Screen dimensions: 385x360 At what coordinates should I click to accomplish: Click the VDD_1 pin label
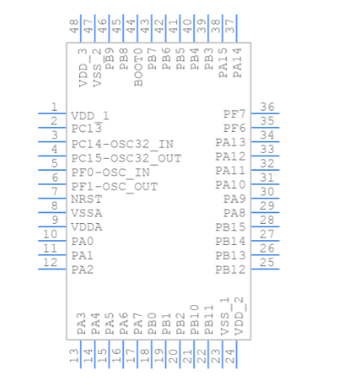pyautogui.click(x=90, y=116)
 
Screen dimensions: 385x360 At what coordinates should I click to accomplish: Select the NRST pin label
pyautogui.click(x=86, y=199)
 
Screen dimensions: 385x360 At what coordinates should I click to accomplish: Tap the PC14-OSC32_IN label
pyautogui.click(x=122, y=144)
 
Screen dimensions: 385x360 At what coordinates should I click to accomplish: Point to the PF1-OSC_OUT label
pyautogui.click(x=114, y=186)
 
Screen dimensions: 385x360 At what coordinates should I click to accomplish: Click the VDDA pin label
pyautogui.click(x=86, y=227)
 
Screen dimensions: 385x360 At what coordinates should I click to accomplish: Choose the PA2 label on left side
pyautogui.click(x=82, y=269)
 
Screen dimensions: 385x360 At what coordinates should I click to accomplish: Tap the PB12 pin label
pyautogui.click(x=230, y=269)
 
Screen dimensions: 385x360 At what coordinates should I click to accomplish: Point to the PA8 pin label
pyautogui.click(x=235, y=213)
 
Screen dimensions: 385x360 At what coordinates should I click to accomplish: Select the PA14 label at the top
pyautogui.click(x=237, y=63)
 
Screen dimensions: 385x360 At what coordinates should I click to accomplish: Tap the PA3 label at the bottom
pyautogui.click(x=82, y=322)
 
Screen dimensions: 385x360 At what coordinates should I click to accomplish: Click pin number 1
pyautogui.click(x=54, y=107)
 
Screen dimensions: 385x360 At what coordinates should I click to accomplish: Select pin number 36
pyautogui.click(x=266, y=107)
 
